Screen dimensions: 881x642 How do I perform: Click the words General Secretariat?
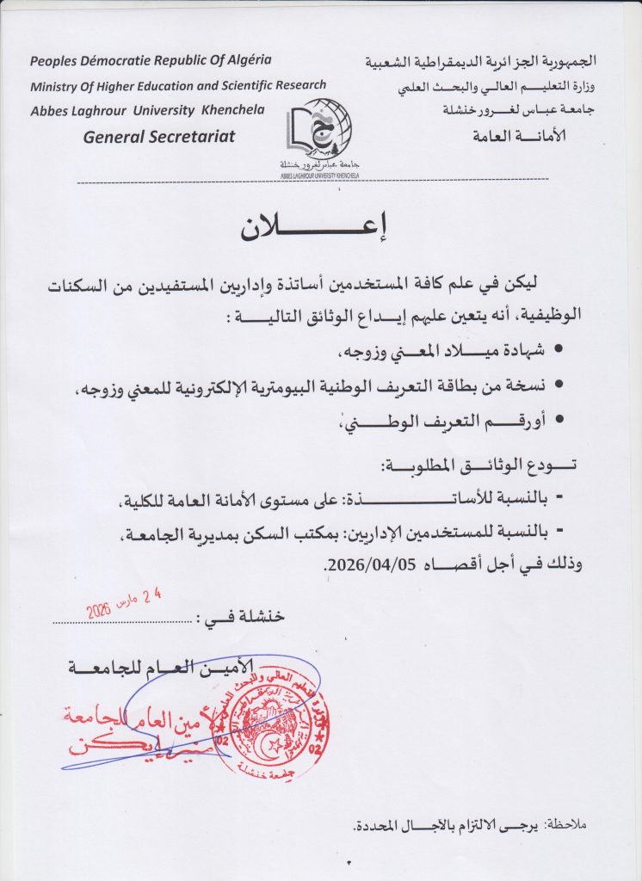(158, 137)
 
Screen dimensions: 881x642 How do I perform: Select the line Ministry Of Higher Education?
(178, 85)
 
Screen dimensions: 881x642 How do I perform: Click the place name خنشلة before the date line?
(257, 619)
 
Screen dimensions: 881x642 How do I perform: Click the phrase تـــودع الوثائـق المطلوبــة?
(478, 465)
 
